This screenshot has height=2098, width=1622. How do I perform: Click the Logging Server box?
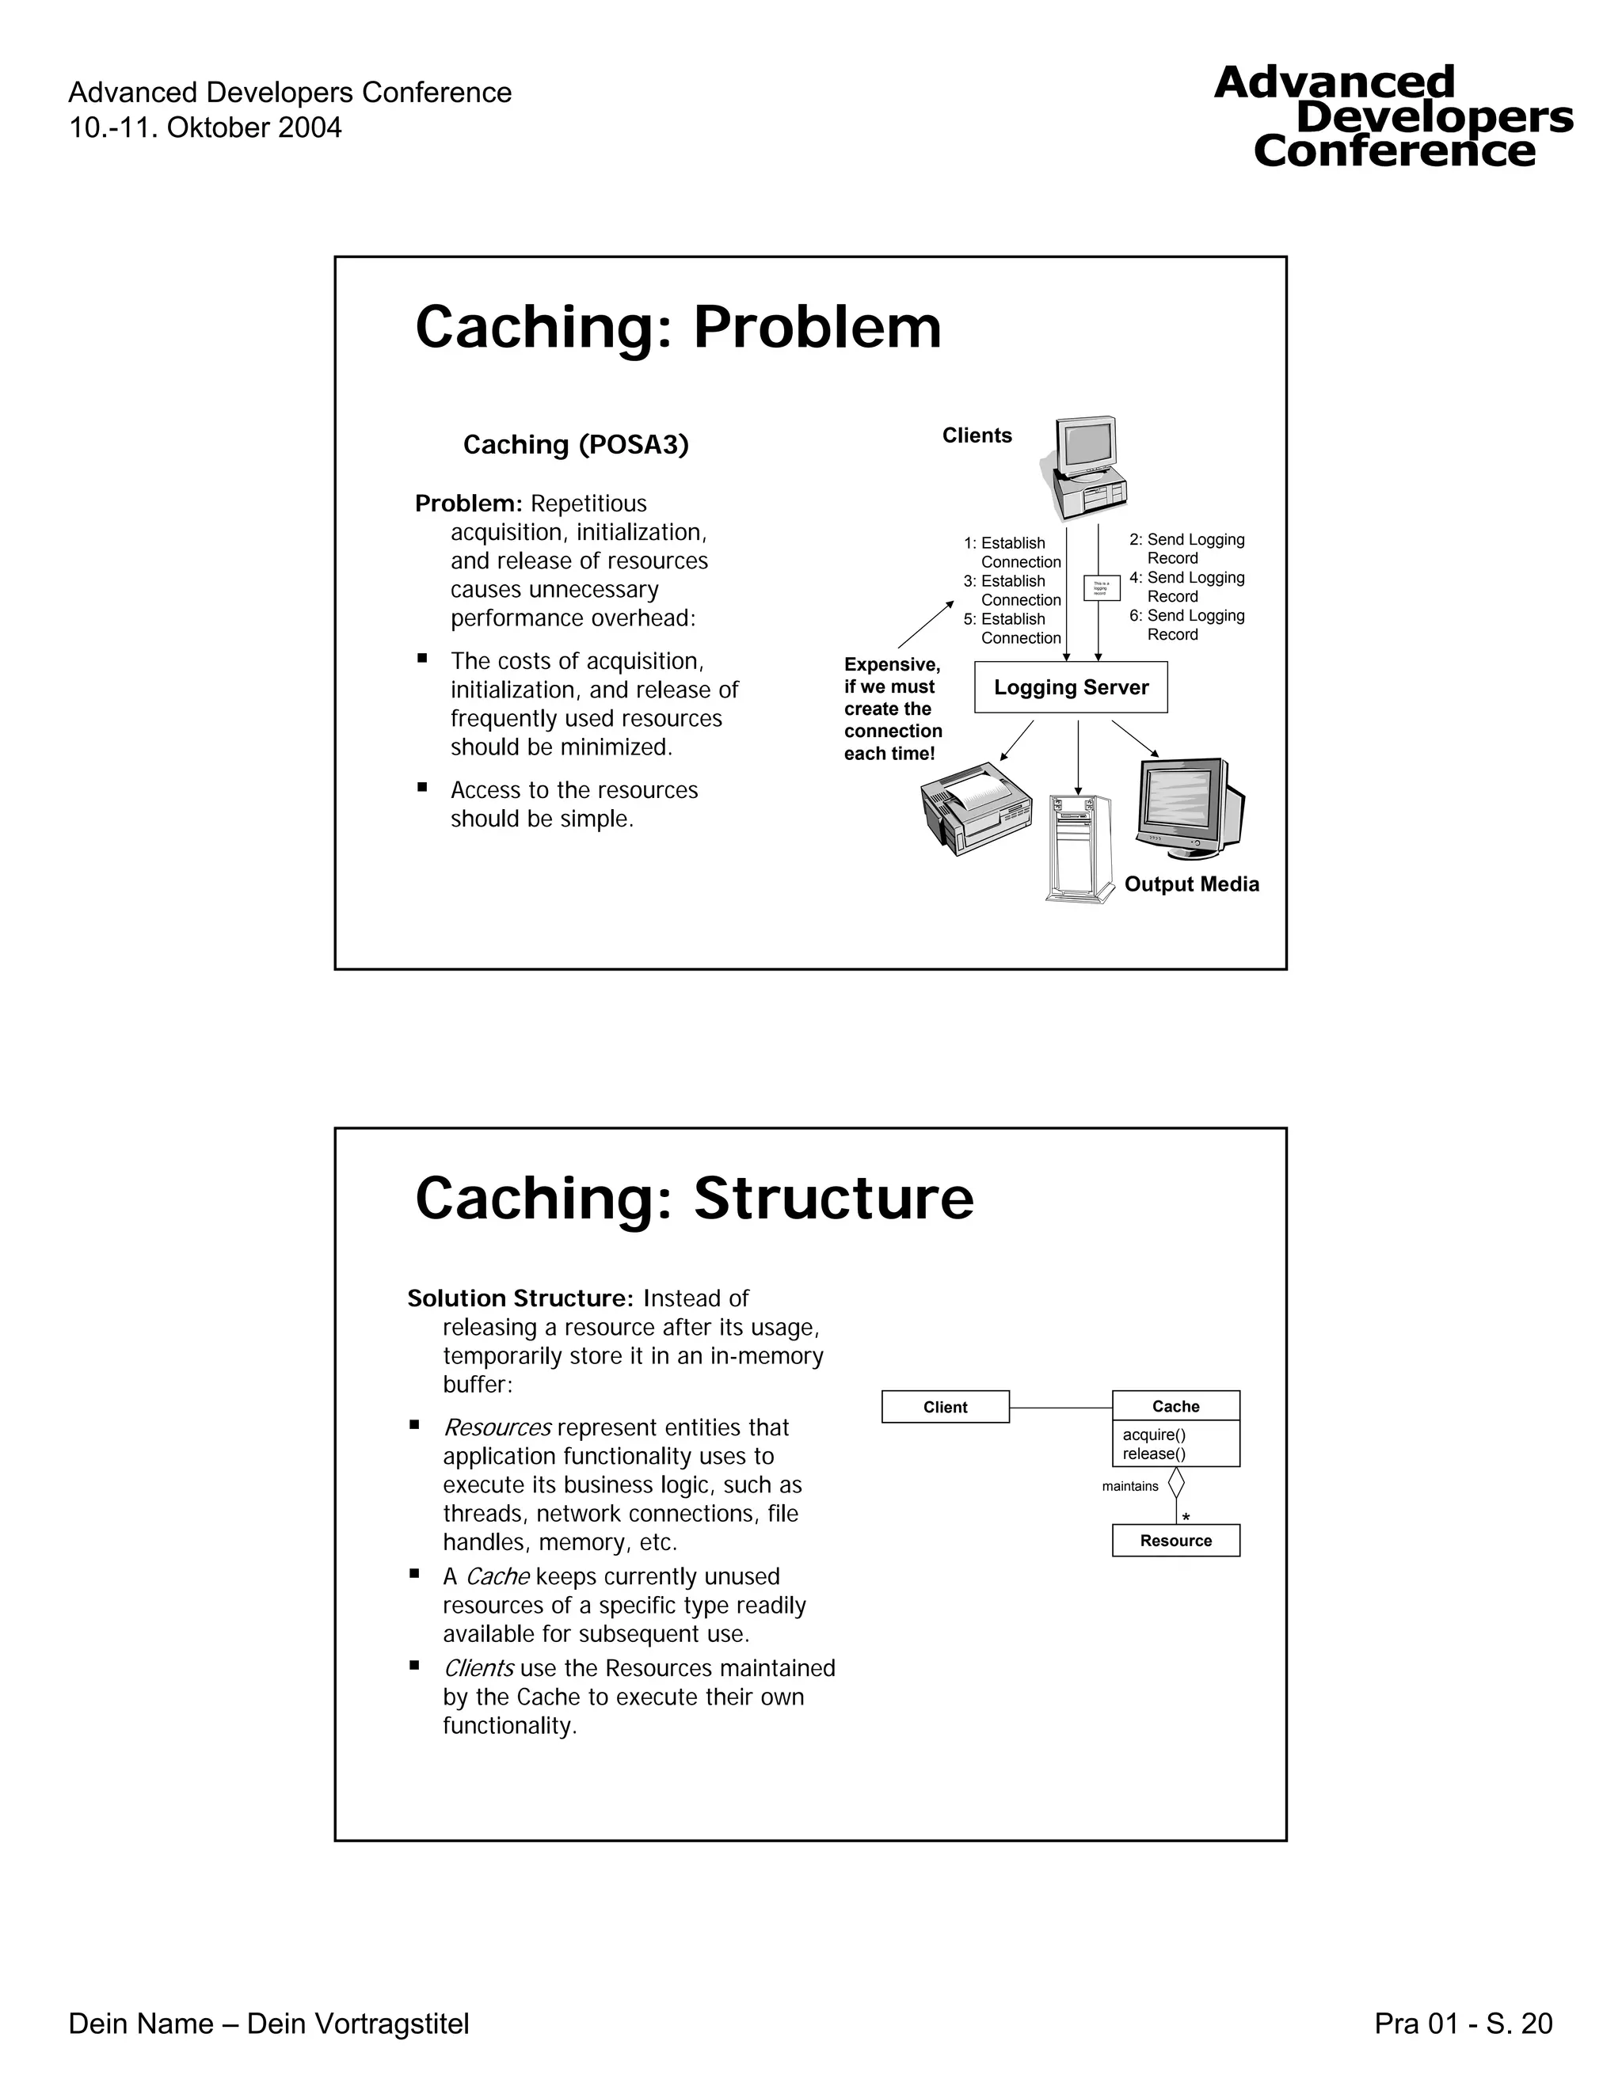1071,687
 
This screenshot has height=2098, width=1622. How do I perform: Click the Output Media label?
1190,884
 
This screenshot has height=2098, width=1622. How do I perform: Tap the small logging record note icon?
1101,588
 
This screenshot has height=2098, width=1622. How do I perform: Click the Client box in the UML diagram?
945,1406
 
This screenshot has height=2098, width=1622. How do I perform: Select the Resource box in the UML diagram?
1175,1540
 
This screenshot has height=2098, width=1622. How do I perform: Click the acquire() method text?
1153,1435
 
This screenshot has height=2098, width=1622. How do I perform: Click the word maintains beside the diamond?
1130,1486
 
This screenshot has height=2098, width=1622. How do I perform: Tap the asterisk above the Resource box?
1186,1518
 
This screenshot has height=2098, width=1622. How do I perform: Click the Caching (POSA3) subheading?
576,445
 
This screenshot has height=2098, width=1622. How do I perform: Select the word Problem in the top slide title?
817,328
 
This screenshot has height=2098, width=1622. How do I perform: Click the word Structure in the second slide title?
833,1199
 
